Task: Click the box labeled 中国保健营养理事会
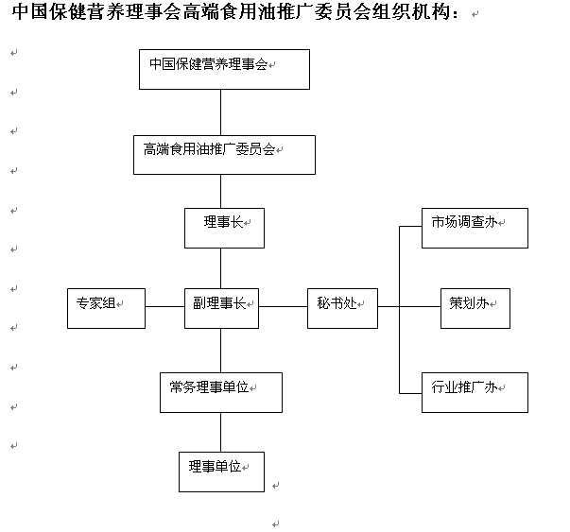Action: point(224,69)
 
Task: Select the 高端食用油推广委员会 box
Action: point(224,155)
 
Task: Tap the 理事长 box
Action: point(224,229)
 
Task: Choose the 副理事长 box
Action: point(221,308)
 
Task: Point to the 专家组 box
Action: point(106,308)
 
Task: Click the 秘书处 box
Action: point(342,308)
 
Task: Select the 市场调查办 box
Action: point(475,229)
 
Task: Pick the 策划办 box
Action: point(475,308)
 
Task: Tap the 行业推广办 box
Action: point(475,392)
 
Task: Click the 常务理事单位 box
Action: point(221,392)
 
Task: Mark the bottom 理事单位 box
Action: point(221,472)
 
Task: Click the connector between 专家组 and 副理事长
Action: point(165,307)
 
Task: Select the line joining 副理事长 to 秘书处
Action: point(284,307)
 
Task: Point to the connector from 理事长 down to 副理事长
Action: point(220,268)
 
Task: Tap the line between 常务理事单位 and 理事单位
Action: point(220,433)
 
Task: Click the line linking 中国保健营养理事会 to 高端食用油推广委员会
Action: point(220,112)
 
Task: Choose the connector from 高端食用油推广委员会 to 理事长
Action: point(220,192)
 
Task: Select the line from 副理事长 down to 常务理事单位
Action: point(220,351)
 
